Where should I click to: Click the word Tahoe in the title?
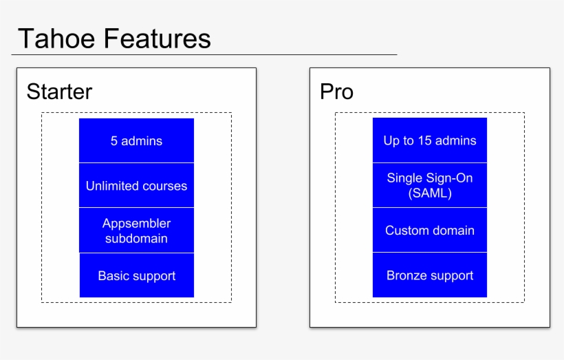click(56, 39)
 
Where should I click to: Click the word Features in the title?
click(158, 39)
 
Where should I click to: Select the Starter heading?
click(59, 92)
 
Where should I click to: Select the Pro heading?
click(336, 92)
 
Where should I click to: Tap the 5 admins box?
click(136, 140)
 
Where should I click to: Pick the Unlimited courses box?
click(136, 185)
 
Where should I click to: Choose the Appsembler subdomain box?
click(136, 231)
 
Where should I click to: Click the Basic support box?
click(137, 275)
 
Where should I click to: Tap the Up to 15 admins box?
click(430, 140)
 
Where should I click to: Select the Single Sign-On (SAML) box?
click(430, 185)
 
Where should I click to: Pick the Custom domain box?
click(430, 230)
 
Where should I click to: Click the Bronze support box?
click(430, 275)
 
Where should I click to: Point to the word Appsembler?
click(136, 224)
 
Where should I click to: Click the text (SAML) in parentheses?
click(430, 193)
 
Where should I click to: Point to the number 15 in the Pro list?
click(424, 140)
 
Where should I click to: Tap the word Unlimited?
click(109, 186)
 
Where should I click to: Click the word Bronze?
click(406, 275)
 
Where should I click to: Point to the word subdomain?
click(136, 238)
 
